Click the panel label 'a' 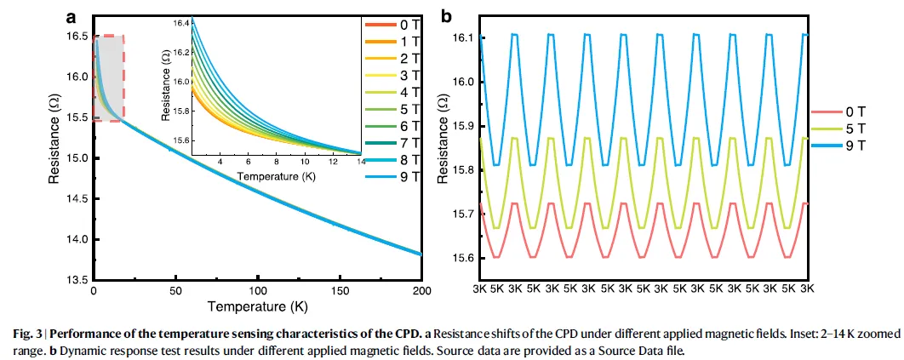71,17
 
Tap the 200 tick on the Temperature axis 422,291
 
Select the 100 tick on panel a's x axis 258,291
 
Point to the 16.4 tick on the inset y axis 180,23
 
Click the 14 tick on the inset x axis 361,162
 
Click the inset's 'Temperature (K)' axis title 275,175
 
